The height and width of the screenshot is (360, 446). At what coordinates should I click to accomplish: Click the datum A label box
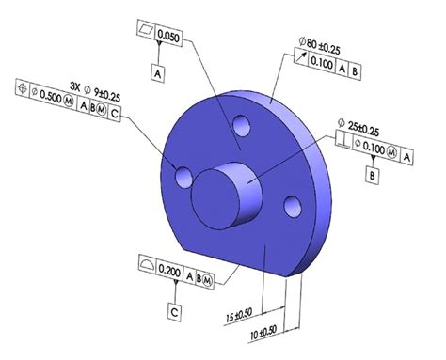coord(158,73)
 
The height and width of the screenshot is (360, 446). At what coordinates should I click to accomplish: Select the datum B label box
coord(373,176)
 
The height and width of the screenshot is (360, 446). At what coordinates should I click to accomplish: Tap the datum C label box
coord(174,312)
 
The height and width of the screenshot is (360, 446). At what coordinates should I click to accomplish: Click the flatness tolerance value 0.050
coord(168,37)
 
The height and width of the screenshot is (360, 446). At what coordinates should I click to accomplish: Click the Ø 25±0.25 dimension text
coord(358,128)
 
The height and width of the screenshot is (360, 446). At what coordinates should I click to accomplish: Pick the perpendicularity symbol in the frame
coord(343,139)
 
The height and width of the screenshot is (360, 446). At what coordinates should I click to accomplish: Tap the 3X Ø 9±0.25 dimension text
coord(95,92)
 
